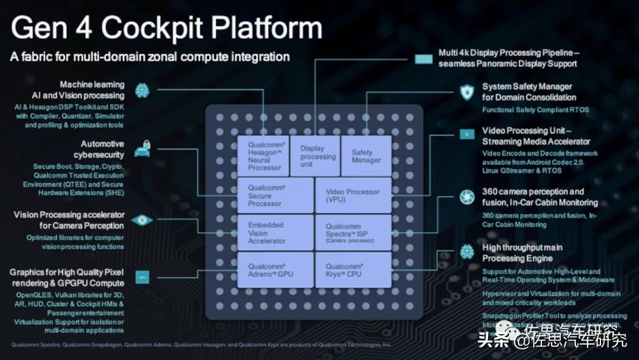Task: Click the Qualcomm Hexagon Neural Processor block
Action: (263, 156)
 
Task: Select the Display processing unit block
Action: (315, 156)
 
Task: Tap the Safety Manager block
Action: (366, 156)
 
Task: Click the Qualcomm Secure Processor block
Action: (275, 195)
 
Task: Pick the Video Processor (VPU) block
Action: (353, 195)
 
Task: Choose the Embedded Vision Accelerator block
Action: (275, 233)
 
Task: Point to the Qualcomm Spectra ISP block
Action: (353, 233)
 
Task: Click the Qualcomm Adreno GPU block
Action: (275, 270)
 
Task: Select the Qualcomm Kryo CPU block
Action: (353, 270)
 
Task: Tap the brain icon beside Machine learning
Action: (141, 90)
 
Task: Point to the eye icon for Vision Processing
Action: (141, 220)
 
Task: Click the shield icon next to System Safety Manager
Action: (467, 92)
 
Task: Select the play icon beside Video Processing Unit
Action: (467, 134)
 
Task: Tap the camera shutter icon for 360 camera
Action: (467, 197)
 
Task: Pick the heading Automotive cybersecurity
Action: (102, 149)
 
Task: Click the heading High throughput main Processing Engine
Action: (522, 253)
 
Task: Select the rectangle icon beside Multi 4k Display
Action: (424, 59)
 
